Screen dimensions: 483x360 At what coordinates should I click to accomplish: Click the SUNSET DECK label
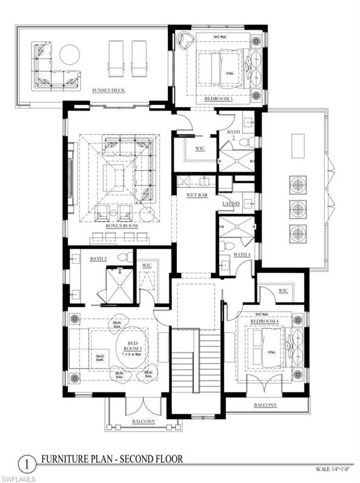coord(108,91)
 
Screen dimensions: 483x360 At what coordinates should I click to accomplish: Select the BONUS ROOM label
coord(117,225)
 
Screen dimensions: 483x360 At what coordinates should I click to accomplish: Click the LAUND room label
coord(230,204)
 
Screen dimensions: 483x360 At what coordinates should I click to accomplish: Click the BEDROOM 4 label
coord(264,321)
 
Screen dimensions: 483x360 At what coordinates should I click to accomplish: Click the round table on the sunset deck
coord(69,55)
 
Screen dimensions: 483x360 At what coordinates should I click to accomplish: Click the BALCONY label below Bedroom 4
coord(265,405)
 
